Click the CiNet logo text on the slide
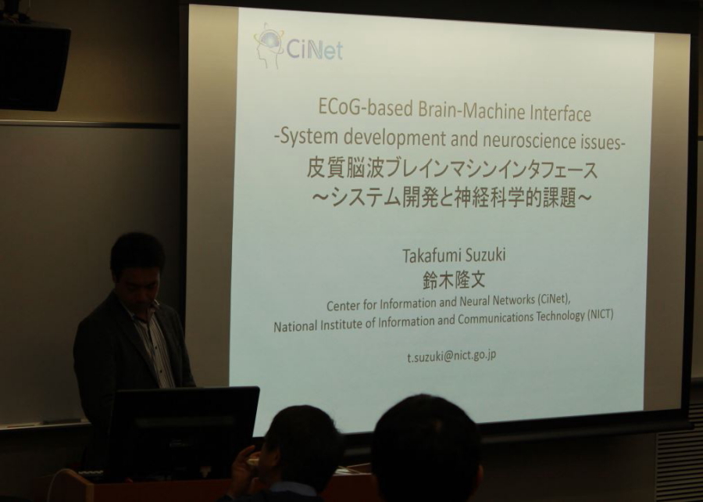pos(314,49)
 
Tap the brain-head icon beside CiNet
pos(269,45)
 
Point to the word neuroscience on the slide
pos(527,140)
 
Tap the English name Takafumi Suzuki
pos(454,255)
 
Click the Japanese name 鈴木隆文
pos(454,280)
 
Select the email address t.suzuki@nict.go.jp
pos(451,356)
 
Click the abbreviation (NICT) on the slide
pos(599,314)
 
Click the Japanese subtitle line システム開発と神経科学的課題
pos(453,197)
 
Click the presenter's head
pos(137,267)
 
